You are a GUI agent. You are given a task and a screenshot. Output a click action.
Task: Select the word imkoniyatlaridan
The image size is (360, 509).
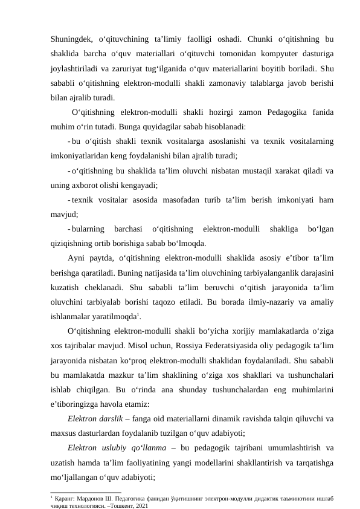click(79, 155)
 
